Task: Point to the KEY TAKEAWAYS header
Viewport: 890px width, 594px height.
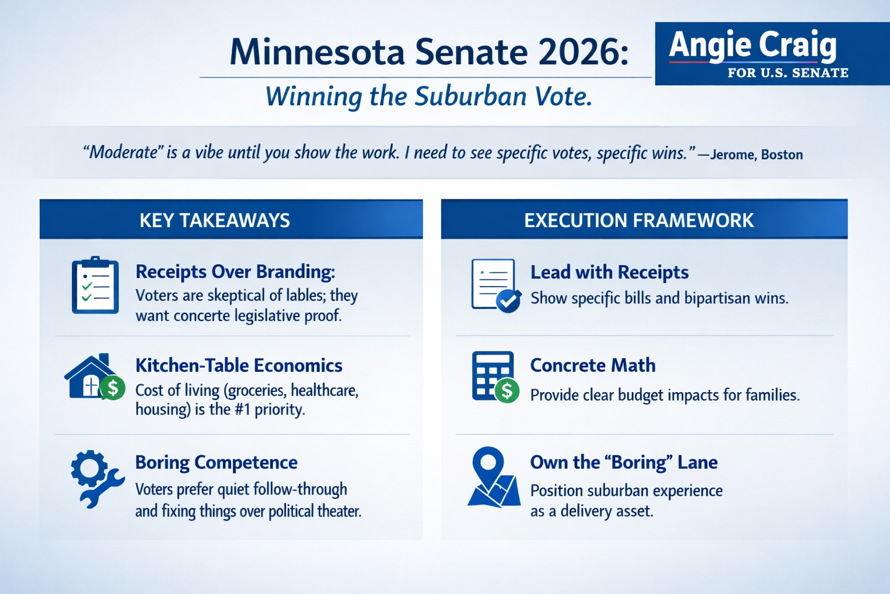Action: point(215,220)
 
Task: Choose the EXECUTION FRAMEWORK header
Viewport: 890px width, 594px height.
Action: point(639,220)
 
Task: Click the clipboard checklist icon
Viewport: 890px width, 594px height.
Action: point(95,285)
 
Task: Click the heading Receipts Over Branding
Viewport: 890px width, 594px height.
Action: point(235,271)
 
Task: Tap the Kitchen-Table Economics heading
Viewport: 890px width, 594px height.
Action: point(239,365)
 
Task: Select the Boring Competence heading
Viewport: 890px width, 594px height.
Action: point(216,462)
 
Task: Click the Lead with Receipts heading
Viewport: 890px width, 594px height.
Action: point(610,272)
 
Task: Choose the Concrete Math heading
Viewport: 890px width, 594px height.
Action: point(593,365)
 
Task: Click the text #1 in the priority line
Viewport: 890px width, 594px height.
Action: point(242,410)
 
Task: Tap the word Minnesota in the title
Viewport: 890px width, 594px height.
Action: point(317,52)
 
